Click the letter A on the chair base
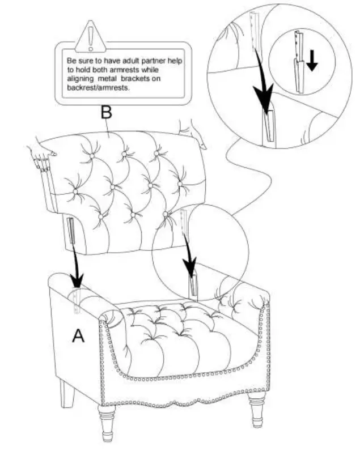(x=78, y=336)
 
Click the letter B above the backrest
(x=107, y=113)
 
